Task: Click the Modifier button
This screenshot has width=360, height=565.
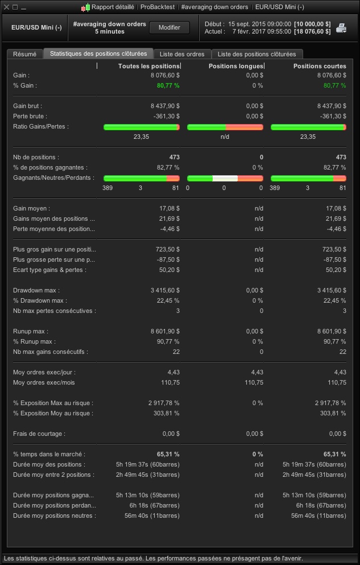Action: coord(169,27)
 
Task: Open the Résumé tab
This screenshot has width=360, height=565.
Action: coord(24,54)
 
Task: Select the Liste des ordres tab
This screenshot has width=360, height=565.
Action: coord(182,54)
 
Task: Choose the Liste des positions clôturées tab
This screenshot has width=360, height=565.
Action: coord(256,54)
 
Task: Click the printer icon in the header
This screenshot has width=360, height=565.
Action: coord(341,28)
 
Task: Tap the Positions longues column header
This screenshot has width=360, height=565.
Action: coord(236,66)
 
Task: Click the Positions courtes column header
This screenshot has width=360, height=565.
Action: coord(319,66)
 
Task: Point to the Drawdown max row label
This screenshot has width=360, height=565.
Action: coord(36,290)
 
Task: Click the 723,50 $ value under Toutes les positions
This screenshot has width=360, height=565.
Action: coord(166,249)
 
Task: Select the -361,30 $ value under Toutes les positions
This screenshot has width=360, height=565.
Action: coord(165,116)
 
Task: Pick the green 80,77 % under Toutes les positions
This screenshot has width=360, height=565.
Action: coord(168,85)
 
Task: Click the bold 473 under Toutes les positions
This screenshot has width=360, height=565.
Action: coord(174,157)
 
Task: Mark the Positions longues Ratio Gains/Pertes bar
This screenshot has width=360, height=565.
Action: coord(225,127)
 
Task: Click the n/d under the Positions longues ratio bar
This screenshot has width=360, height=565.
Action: coord(225,137)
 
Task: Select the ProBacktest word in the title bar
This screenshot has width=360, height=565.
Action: coord(158,7)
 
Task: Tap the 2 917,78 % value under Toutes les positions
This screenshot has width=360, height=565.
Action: coord(164,403)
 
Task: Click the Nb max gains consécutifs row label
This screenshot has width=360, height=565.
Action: coord(51,352)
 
